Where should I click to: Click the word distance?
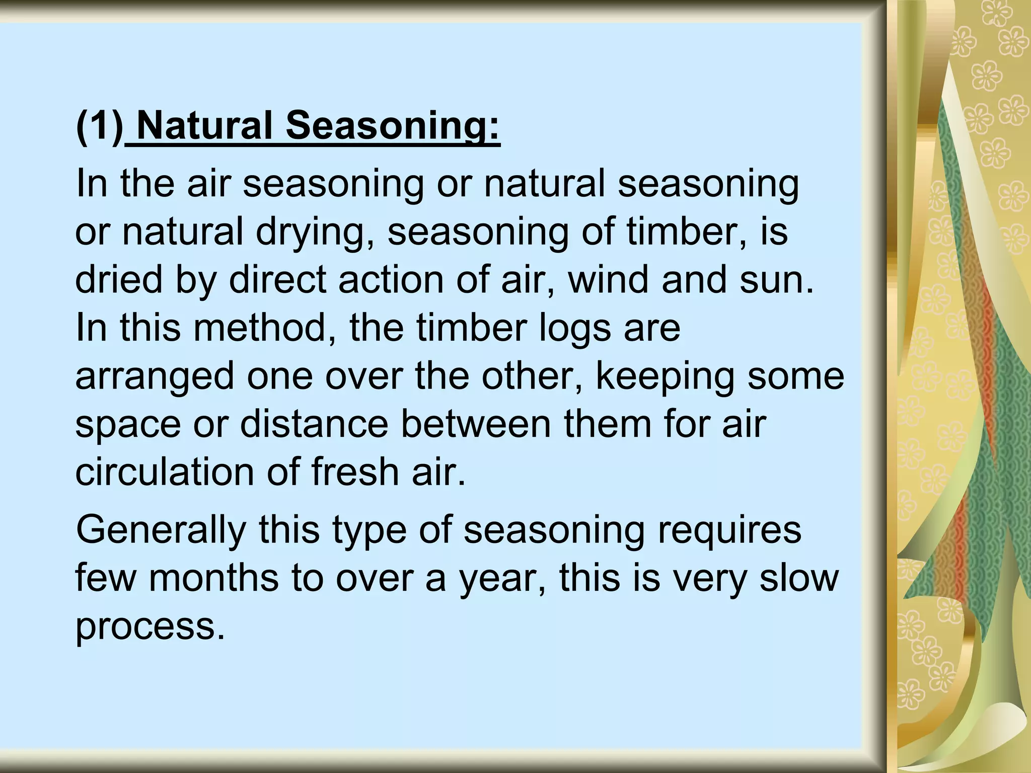point(314,424)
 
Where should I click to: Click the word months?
point(213,578)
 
